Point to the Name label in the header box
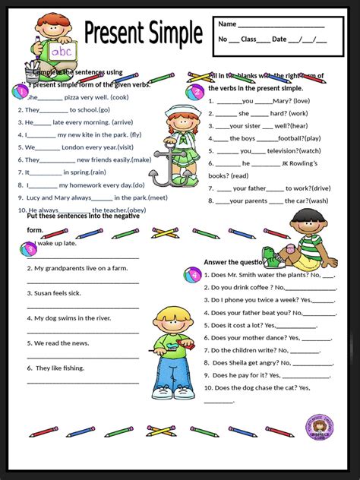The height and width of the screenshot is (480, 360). coord(227,24)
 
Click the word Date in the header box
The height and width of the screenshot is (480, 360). coord(279,39)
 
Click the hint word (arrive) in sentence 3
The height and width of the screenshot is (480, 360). coord(111,122)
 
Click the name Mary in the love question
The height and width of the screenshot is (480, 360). coord(281,100)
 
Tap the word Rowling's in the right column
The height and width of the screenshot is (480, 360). coord(321,163)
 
